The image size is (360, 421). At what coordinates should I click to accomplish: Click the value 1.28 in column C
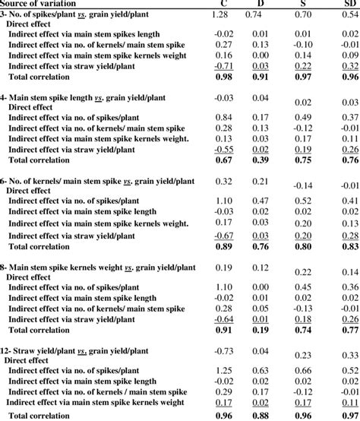coord(220,15)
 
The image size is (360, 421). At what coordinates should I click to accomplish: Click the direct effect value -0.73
coord(223,351)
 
